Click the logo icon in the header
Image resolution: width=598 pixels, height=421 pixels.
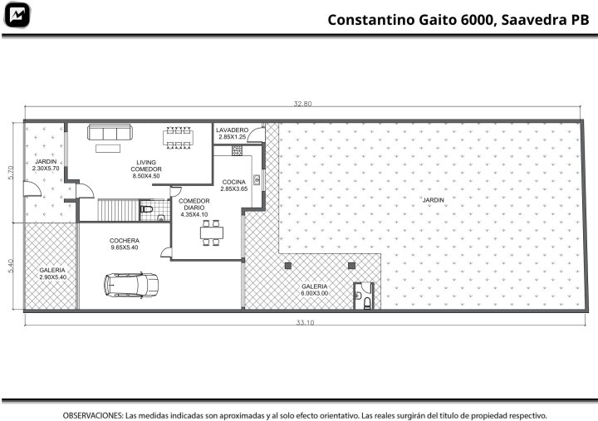coord(17,15)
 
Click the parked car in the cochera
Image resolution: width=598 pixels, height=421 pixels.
coord(131,285)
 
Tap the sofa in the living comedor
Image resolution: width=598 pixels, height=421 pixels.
coord(110,132)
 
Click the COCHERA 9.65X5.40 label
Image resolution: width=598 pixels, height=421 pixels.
coord(125,244)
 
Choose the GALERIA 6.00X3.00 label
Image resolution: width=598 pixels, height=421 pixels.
coord(314,290)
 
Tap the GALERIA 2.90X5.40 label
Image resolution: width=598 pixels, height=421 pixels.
coord(52,273)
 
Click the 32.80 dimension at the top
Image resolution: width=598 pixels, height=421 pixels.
coord(302,104)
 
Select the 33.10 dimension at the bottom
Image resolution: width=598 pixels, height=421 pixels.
coord(305,323)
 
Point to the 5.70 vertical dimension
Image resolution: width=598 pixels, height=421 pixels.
coord(11,173)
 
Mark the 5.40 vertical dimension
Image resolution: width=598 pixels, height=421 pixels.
coord(11,266)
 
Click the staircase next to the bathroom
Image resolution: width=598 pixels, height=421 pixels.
coord(118,210)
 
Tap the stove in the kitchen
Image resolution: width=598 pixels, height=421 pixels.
coord(237,150)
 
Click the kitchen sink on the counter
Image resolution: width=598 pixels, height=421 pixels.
coord(257,179)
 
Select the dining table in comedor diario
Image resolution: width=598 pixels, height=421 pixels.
coord(212,233)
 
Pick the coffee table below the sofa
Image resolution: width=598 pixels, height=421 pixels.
coord(108,149)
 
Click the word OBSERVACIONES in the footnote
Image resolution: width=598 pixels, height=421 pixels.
coord(93,415)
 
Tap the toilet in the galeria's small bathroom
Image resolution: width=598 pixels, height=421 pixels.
coord(367,304)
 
